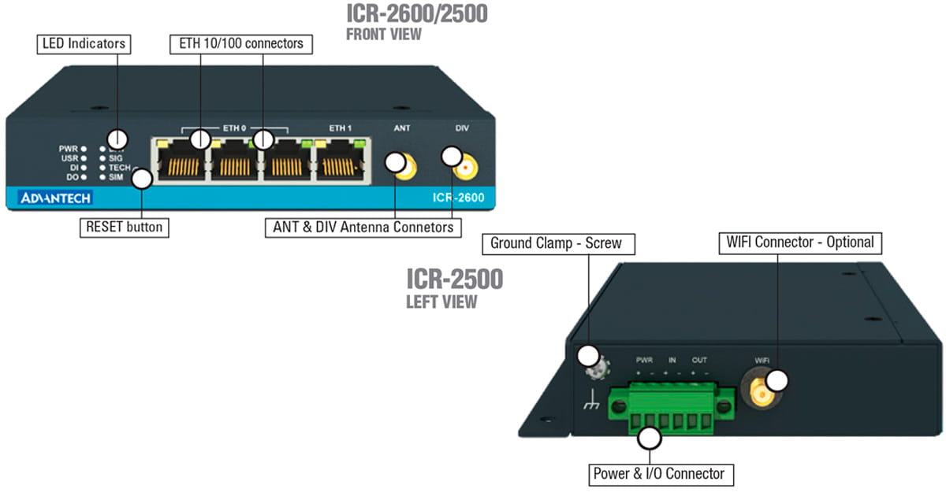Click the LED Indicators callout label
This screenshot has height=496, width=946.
[84, 43]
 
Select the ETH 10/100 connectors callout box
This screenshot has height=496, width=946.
[241, 43]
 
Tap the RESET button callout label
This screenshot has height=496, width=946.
[124, 228]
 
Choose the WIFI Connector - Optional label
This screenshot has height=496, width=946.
[799, 242]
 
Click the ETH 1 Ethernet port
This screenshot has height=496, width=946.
[341, 161]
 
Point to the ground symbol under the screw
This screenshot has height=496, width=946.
[590, 405]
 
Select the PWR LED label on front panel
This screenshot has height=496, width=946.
[68, 148]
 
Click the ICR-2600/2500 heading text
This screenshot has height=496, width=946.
[416, 13]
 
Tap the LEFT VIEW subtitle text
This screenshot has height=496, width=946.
[441, 301]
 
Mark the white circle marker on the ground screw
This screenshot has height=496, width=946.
[587, 354]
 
